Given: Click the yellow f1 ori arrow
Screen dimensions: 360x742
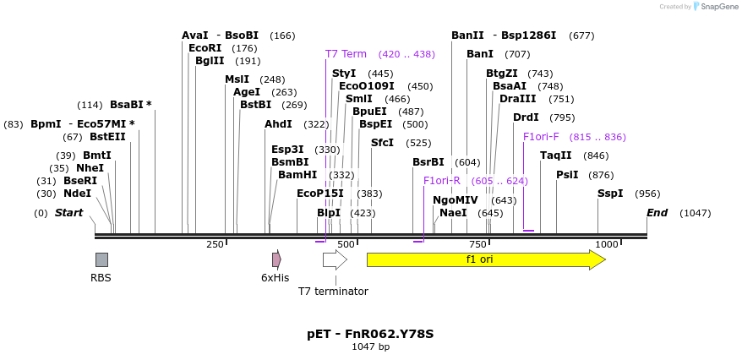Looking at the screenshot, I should tap(486, 259).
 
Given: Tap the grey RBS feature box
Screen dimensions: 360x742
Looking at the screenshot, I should tap(101, 259).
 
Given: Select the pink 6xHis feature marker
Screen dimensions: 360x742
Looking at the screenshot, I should tap(276, 259).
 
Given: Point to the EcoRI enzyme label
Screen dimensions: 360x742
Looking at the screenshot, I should tap(205, 48).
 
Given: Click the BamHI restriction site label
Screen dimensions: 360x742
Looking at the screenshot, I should tap(297, 175).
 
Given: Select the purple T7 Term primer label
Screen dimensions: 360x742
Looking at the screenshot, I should tap(346, 54).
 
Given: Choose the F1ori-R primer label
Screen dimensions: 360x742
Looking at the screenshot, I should tap(442, 181).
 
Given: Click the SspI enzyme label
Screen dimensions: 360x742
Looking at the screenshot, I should tap(610, 194).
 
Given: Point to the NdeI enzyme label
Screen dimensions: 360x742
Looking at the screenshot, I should tap(77, 194).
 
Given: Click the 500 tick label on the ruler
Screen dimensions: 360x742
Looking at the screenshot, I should tap(346, 244).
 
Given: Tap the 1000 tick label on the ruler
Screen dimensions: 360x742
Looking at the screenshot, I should tap(607, 244).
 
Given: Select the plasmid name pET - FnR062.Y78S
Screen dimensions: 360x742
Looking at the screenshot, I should tap(370, 334).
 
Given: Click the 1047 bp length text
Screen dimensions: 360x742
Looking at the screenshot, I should tap(370, 346).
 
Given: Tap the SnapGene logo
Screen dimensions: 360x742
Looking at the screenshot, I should tap(714, 7).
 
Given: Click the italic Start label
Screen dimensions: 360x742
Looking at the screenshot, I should tap(69, 213).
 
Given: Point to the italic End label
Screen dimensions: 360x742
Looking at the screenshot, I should tap(657, 213).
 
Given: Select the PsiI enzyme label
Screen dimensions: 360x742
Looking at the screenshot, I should tap(567, 175).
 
